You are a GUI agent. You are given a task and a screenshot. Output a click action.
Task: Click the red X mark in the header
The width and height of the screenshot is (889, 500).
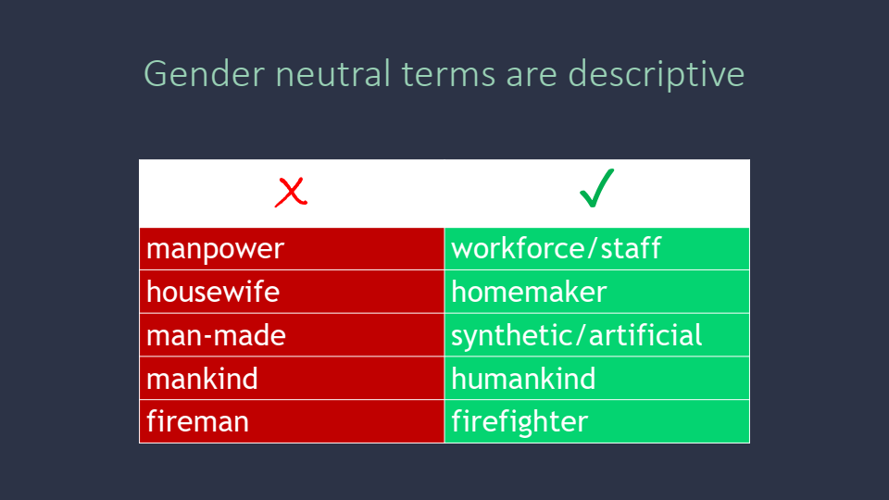tap(291, 193)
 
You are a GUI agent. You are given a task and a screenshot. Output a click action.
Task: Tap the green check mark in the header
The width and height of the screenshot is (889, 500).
tap(596, 188)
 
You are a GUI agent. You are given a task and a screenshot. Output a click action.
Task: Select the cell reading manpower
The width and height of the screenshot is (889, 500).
tap(292, 249)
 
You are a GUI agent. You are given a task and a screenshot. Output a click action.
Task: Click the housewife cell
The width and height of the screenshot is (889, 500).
tap(292, 292)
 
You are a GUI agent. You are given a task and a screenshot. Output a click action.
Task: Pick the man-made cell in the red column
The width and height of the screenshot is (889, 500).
tap(292, 335)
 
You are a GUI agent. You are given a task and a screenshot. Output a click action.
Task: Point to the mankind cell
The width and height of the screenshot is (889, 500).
tap(292, 378)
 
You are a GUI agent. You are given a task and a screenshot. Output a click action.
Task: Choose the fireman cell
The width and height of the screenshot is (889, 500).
tap(292, 421)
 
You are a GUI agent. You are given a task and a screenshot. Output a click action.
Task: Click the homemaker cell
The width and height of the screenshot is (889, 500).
tap(597, 292)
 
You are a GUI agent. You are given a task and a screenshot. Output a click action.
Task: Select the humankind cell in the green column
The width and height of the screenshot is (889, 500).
tap(597, 378)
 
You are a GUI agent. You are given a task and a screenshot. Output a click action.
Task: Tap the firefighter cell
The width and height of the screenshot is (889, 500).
tap(597, 421)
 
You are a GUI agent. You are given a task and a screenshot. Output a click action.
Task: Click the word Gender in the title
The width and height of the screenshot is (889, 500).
tap(204, 74)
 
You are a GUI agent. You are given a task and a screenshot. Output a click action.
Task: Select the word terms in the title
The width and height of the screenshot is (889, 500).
tap(449, 75)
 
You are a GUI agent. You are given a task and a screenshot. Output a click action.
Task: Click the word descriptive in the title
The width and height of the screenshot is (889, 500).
tap(656, 75)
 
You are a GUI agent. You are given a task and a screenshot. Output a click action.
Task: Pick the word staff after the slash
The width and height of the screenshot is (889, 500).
tap(631, 248)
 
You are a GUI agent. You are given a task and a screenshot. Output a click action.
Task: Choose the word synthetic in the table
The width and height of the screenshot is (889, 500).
tap(512, 335)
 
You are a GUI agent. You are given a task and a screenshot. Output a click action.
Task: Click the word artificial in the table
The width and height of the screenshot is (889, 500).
tap(645, 334)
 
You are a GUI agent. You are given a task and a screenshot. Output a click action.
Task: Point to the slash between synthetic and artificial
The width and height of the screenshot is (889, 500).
tap(582, 335)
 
